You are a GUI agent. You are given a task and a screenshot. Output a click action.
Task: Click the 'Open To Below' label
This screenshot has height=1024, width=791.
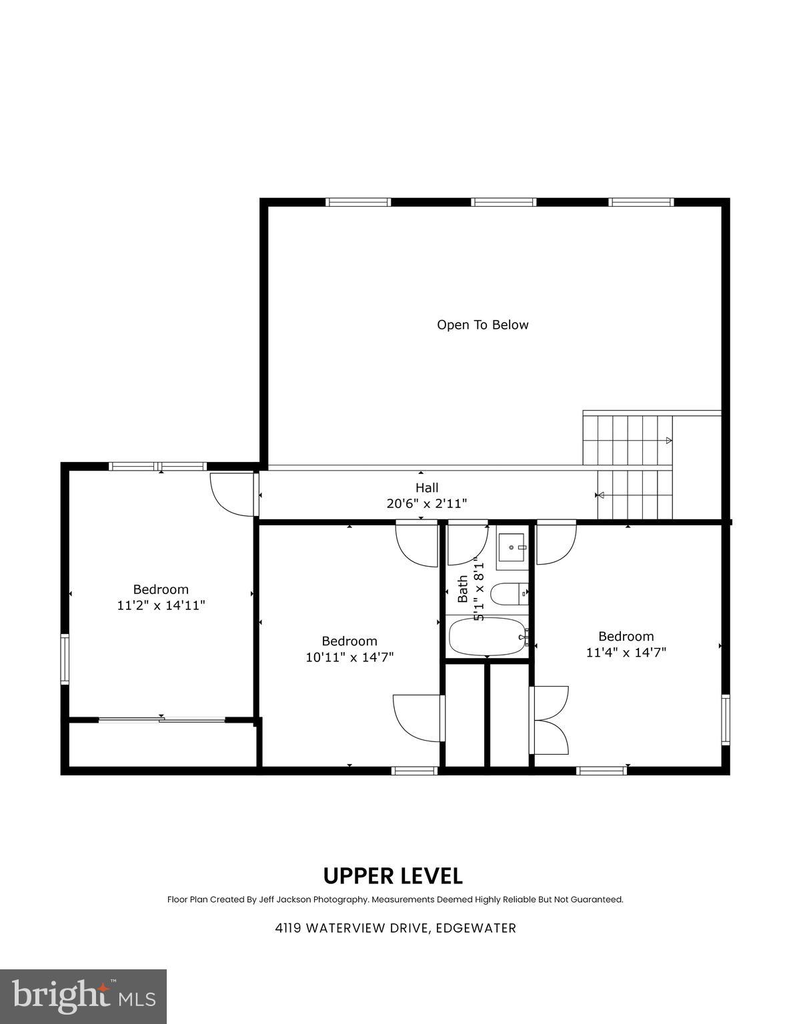pos(482,325)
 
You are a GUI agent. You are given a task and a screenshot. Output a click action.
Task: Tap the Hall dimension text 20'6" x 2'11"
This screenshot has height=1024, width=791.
pos(426,503)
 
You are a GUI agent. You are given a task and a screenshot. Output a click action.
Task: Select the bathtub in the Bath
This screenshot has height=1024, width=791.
pos(488,637)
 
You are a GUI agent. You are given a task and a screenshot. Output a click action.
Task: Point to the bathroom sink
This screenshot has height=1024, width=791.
pos(512,547)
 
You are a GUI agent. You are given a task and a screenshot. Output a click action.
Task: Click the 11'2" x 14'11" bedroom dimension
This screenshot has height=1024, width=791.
pos(161,605)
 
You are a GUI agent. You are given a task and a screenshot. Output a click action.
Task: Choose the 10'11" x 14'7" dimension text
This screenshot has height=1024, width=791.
pos(349,657)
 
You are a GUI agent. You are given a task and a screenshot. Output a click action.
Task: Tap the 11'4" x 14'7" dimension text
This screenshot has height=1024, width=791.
pos(626,652)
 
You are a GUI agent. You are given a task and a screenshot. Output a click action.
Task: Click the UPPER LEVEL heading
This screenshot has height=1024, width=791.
pos(393,875)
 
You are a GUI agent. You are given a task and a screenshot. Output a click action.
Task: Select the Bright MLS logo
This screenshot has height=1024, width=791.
pos(83,997)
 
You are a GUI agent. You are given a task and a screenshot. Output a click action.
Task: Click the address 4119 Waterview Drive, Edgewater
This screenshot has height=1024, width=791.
pos(395,928)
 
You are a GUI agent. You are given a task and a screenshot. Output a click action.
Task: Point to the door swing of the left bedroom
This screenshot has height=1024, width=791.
pos(231,494)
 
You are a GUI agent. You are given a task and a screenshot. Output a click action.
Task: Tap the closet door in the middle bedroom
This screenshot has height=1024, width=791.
pos(419,718)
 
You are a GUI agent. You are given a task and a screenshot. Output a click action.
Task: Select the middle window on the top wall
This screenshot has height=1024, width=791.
pos(504,202)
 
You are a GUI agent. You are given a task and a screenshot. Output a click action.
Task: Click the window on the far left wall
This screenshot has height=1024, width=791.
pos(65,659)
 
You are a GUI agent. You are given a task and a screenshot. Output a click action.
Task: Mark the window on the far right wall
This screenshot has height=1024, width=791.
pos(726,719)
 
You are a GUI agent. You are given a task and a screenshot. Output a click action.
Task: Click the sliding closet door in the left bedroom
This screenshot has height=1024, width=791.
pos(161,719)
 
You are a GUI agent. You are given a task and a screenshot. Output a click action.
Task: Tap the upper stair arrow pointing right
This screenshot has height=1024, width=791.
pos(668,441)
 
